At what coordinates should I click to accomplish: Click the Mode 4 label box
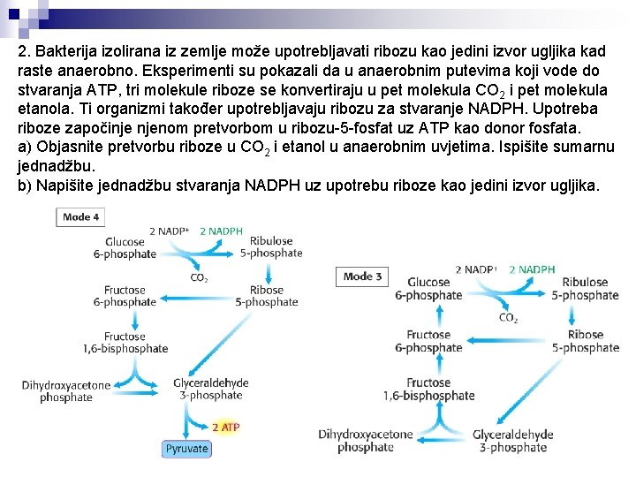pos(81,216)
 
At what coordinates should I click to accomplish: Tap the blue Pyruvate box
pos(186,449)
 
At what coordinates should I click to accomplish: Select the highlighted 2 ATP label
pos(225,428)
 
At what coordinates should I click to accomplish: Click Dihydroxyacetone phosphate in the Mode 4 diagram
pos(66,391)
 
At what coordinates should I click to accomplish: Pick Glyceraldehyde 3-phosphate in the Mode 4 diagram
pos(210,390)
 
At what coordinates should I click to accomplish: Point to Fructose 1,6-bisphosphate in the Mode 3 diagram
pos(428,390)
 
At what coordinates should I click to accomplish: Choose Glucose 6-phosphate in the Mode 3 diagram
pos(428,290)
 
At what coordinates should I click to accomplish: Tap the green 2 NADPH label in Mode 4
pos(221,231)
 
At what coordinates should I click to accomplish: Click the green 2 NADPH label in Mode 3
pos(532,269)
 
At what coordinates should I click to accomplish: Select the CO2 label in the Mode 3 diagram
pos(508,318)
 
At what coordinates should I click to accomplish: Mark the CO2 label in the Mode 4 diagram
pos(200,277)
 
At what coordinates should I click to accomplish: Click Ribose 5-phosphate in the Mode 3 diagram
pos(585,341)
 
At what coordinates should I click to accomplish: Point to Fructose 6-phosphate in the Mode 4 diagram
pos(125,296)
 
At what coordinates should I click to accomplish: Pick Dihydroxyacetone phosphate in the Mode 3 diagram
pos(366,441)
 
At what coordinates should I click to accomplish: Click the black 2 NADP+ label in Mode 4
pos(169,231)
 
